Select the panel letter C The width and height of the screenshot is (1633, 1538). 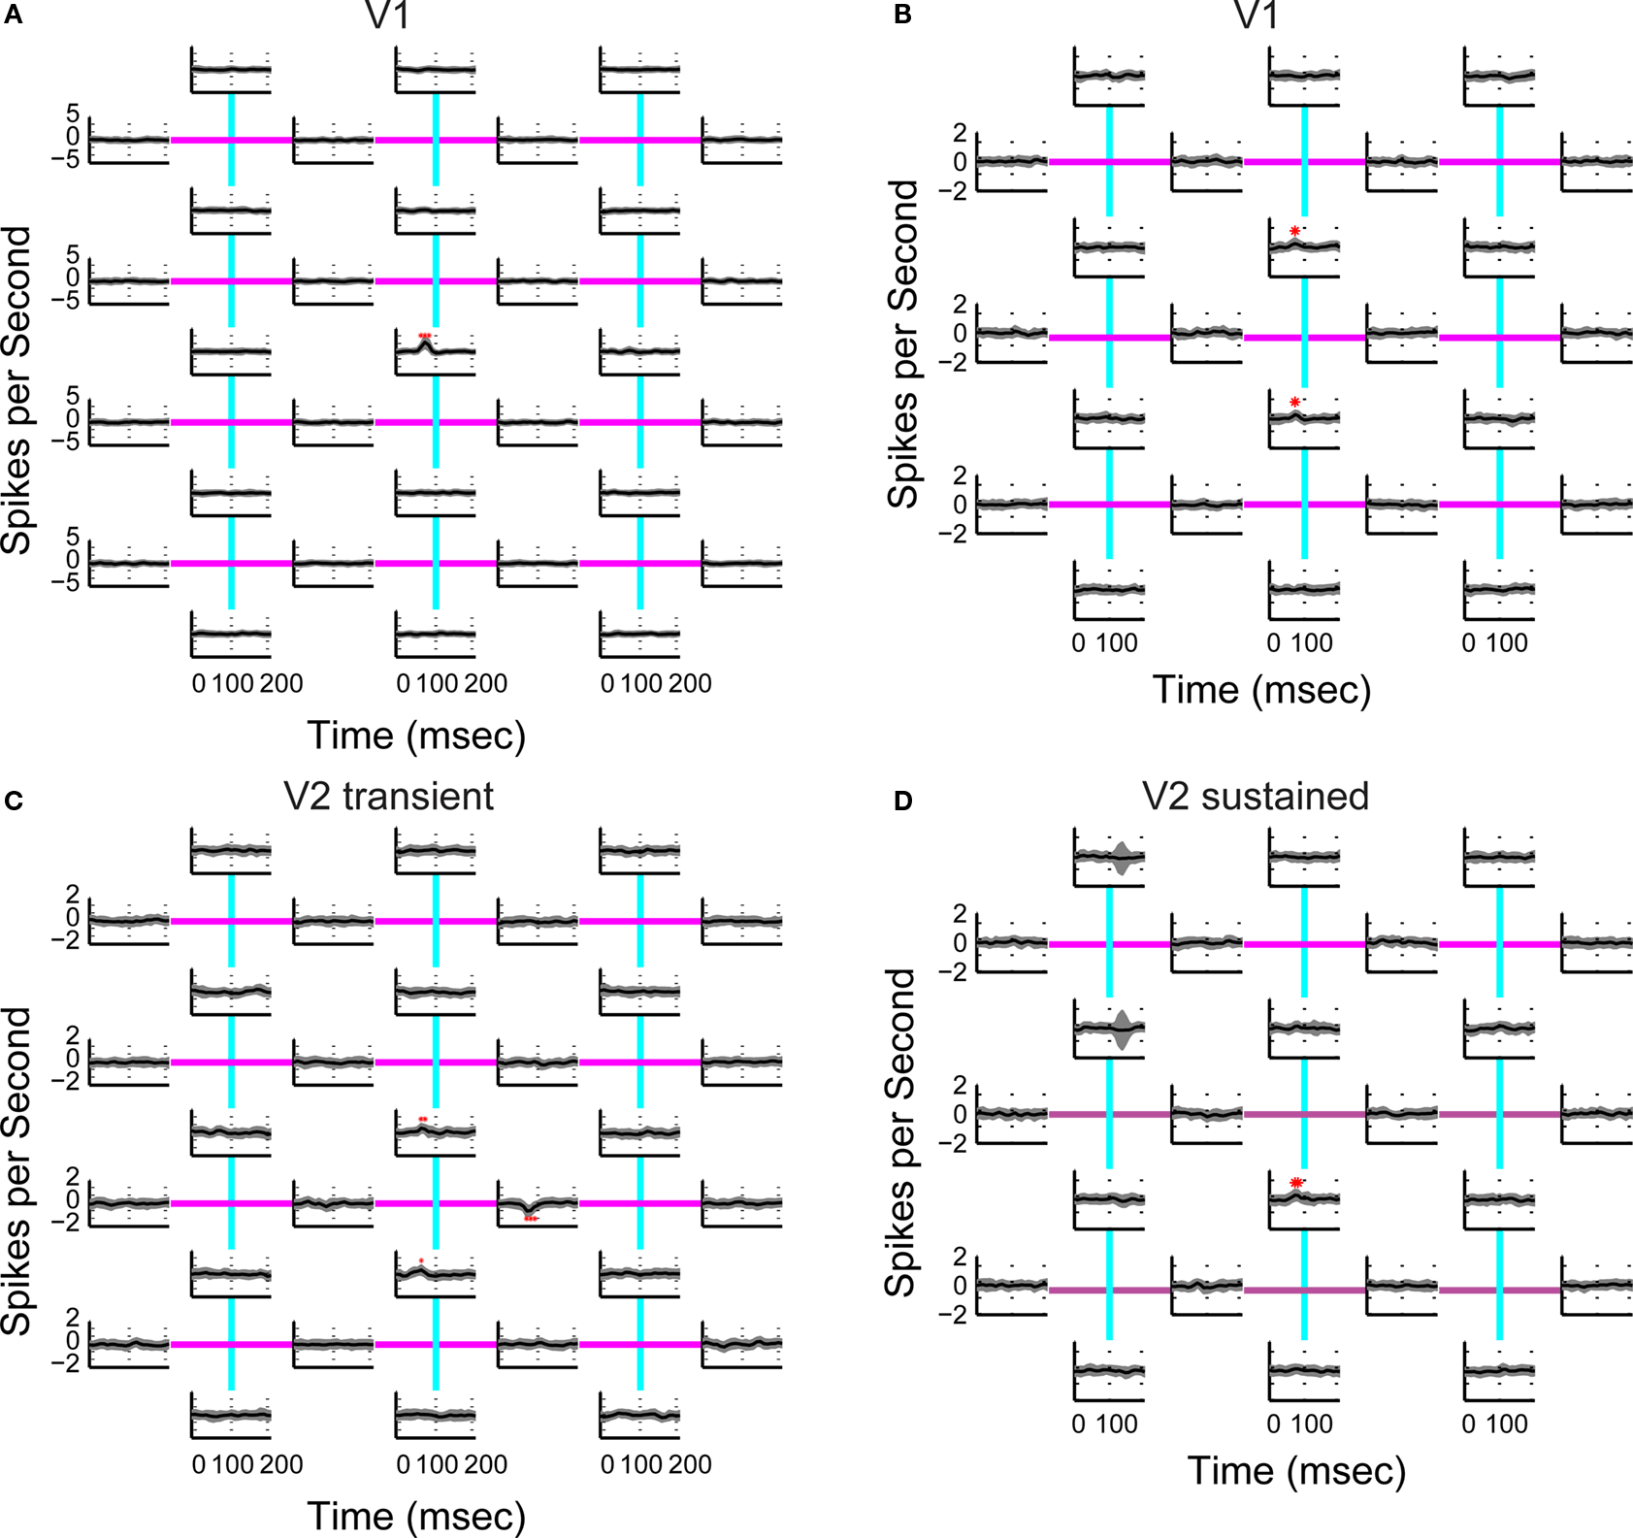pyautogui.click(x=14, y=801)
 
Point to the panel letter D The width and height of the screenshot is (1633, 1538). pyautogui.click(x=902, y=801)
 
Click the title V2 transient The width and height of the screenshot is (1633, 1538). pyautogui.click(x=388, y=797)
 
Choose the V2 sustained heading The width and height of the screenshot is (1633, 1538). pyautogui.click(x=1256, y=797)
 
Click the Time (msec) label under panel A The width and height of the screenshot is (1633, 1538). pyautogui.click(x=416, y=736)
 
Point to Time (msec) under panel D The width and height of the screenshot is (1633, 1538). pyautogui.click(x=1296, y=1471)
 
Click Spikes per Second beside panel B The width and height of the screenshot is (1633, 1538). pyautogui.click(x=903, y=344)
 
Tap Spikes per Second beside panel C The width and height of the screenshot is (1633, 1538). pyautogui.click(x=16, y=1170)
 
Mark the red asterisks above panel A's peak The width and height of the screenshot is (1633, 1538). pyautogui.click(x=425, y=336)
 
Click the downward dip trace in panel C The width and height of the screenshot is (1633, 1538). pyautogui.click(x=530, y=1208)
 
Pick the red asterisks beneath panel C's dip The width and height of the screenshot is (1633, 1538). pyautogui.click(x=530, y=1219)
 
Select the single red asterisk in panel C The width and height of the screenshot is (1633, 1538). pyautogui.click(x=421, y=1260)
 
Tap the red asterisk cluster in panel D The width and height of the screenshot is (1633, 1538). pyautogui.click(x=1297, y=1182)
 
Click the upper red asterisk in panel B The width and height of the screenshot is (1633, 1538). pyautogui.click(x=1294, y=230)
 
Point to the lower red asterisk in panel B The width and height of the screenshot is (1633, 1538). pyautogui.click(x=1294, y=402)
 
